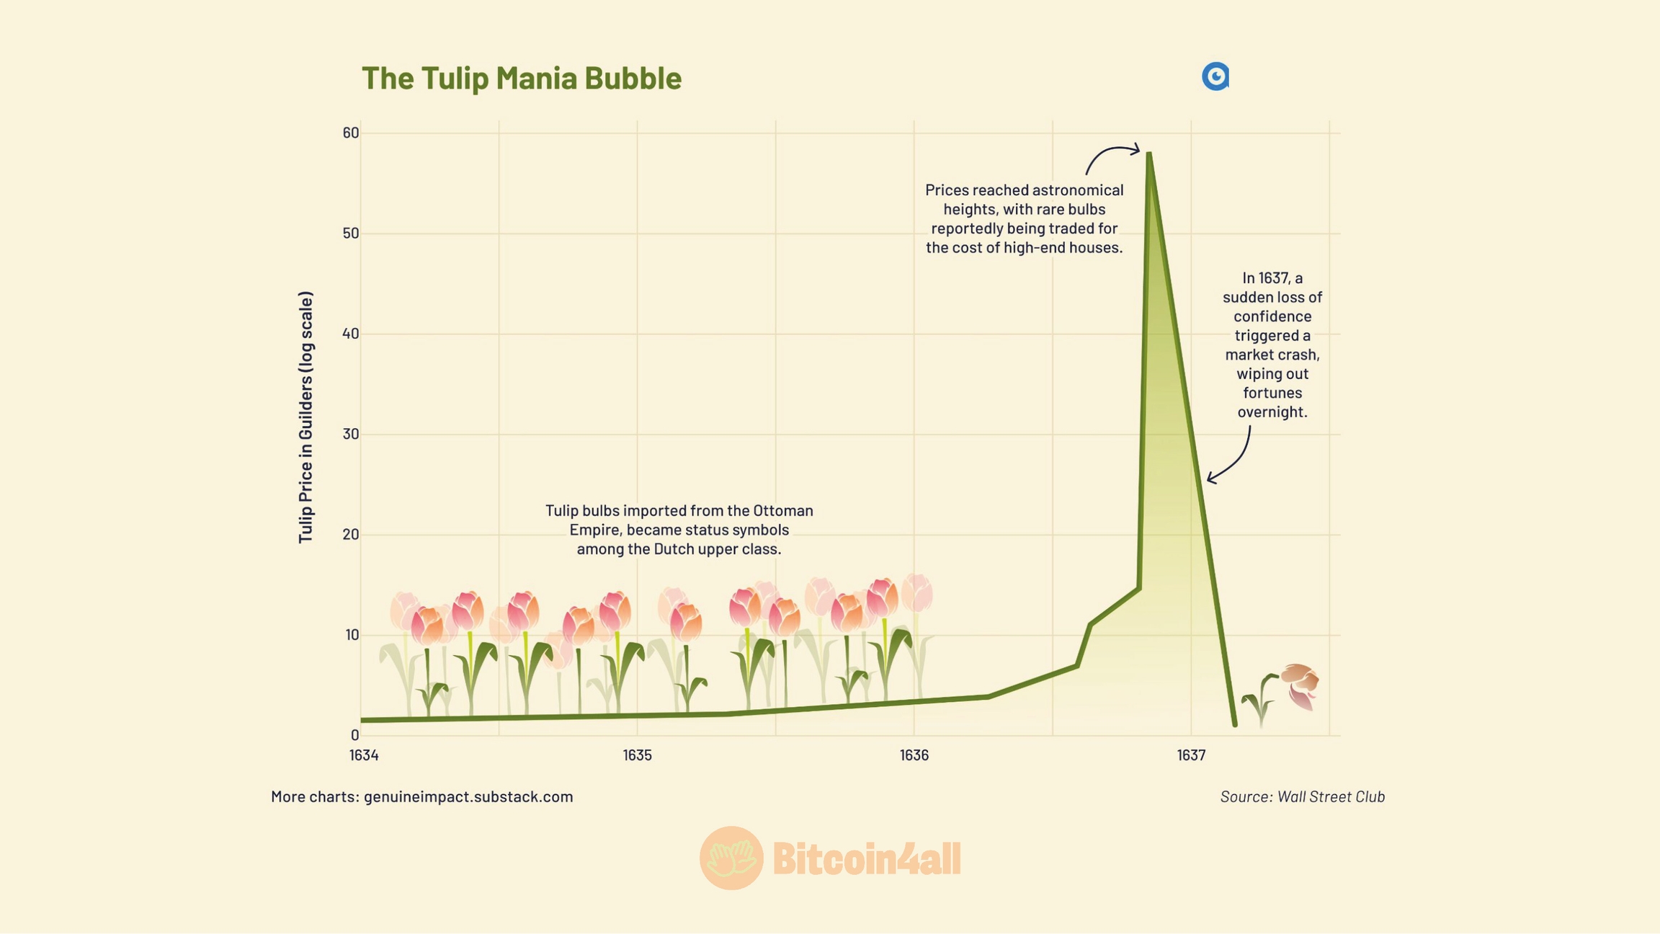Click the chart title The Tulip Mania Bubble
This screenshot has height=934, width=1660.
tap(521, 78)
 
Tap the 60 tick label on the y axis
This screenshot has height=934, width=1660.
tap(351, 133)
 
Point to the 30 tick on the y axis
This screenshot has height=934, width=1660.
tap(351, 434)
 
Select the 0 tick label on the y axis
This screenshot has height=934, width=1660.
tap(354, 735)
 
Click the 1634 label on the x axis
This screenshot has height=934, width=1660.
tap(364, 755)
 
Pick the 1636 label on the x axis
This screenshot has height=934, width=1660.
tap(914, 755)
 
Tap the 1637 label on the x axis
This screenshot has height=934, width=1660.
tap(1191, 755)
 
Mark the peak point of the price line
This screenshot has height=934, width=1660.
tap(1149, 154)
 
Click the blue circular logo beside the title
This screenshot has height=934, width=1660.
tap(1215, 76)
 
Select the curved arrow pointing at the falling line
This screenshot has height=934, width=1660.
tap(1233, 458)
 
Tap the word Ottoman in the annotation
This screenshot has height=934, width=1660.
tap(783, 510)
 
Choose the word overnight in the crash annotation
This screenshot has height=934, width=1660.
tap(1272, 412)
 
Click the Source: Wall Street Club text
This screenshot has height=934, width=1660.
tap(1302, 796)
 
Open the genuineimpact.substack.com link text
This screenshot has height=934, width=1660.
tap(468, 796)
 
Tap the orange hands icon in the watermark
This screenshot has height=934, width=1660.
tap(731, 858)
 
